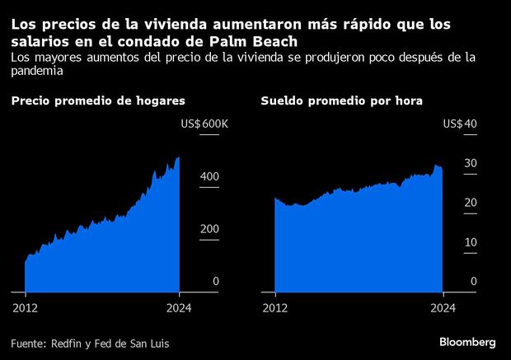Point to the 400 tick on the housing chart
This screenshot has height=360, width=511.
tap(210, 176)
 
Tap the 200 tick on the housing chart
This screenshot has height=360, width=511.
tap(210, 229)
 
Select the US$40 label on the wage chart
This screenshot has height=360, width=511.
tap(460, 124)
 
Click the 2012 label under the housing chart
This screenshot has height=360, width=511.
tap(26, 308)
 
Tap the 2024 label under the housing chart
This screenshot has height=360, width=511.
tap(179, 308)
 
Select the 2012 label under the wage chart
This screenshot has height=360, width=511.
tap(274, 308)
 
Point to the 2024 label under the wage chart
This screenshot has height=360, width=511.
tap(443, 308)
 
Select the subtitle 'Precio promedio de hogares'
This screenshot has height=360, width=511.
tap(97, 101)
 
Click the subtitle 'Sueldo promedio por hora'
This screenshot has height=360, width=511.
tap(342, 101)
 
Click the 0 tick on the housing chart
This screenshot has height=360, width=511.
tap(216, 282)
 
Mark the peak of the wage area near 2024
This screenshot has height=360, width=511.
tap(438, 166)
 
